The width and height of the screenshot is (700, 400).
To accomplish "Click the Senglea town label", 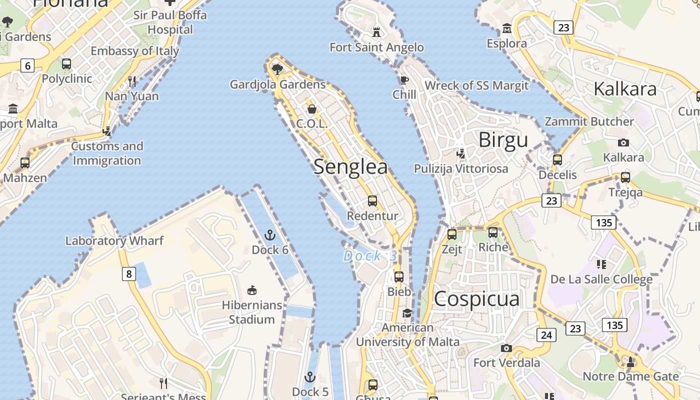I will point(350,167).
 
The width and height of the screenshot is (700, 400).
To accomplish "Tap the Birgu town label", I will point(503,140).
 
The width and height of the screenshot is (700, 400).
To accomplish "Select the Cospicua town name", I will point(476,299).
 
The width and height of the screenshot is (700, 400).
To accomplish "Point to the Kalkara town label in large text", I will point(625,89).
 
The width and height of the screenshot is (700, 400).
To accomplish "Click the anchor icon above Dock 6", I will point(270,234).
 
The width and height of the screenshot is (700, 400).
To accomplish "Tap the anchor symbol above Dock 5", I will point(310,377).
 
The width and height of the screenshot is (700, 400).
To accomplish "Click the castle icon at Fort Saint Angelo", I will point(376,32).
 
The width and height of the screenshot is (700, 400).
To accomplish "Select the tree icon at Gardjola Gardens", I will point(277,69).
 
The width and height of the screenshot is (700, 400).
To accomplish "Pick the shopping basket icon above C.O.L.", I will point(312,108).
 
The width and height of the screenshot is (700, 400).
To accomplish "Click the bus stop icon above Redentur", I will point(372,201).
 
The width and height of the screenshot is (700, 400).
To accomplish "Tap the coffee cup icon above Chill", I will point(404,80).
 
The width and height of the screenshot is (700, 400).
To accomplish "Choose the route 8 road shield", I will point(129,273).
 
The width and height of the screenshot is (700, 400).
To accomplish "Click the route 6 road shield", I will point(27,65).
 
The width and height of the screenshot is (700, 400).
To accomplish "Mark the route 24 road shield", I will point(546,334).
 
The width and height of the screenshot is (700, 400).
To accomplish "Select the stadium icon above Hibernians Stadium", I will point(252,290).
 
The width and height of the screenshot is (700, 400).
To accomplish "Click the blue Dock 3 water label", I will point(370,256).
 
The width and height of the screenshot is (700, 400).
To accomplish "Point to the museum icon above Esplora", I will point(507,28).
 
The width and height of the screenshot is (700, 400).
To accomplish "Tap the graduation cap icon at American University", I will point(407,313).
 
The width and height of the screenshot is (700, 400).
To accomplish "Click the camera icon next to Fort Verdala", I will point(506,348).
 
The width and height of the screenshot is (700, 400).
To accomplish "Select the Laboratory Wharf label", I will point(114,240).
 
